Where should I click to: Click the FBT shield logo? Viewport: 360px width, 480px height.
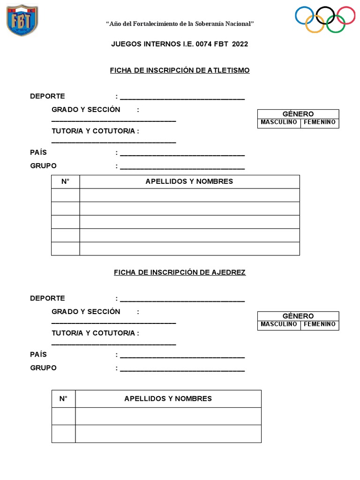pyautogui.click(x=22, y=20)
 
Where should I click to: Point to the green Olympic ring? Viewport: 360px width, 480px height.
pyautogui.click(x=336, y=23)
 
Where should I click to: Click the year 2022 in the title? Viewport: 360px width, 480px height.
pyautogui.click(x=240, y=44)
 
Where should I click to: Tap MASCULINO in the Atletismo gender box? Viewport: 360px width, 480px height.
pyautogui.click(x=279, y=122)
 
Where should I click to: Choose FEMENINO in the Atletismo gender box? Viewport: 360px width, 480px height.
pyautogui.click(x=320, y=122)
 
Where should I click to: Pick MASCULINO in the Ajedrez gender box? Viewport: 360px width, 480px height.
pyautogui.click(x=279, y=324)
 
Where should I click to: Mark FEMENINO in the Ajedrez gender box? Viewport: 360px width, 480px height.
pyautogui.click(x=320, y=324)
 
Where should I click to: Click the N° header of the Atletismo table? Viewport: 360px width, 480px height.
pyautogui.click(x=65, y=181)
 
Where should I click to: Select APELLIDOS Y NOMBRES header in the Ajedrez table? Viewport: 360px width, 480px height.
pyautogui.click(x=168, y=398)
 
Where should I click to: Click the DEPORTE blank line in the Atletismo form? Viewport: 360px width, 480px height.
pyautogui.click(x=182, y=98)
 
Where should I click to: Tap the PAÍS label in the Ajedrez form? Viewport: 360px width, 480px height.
pyautogui.click(x=38, y=355)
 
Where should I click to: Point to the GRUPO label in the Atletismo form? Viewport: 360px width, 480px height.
pyautogui.click(x=43, y=165)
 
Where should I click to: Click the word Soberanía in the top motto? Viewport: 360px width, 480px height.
pyautogui.click(x=212, y=23)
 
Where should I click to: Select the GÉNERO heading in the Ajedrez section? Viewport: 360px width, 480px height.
pyautogui.click(x=298, y=316)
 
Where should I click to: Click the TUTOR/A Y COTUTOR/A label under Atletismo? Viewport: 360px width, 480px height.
pyautogui.click(x=95, y=131)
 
